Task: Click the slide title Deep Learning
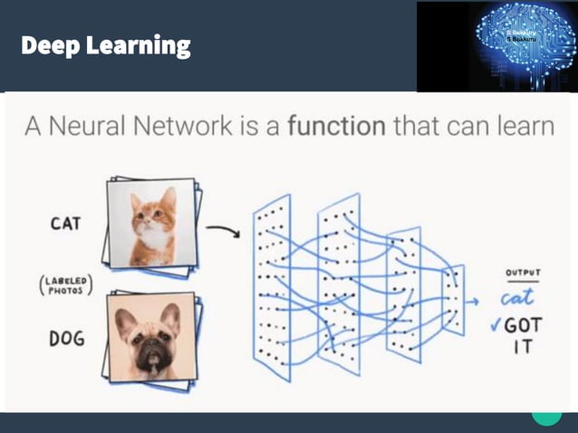point(105,45)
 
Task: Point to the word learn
point(521,126)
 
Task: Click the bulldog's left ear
point(125,318)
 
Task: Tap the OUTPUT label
point(522,271)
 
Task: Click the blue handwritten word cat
point(517,297)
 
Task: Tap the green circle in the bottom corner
point(546,414)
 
